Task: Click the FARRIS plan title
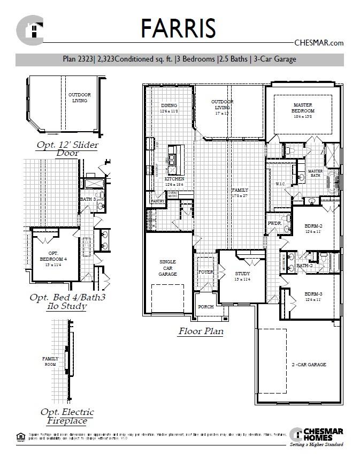tap(178, 28)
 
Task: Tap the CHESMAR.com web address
tap(319, 43)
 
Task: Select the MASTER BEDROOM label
tap(303, 108)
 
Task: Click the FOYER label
tap(206, 272)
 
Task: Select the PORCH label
tap(205, 307)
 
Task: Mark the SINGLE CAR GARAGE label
tap(168, 268)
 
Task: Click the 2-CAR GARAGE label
tap(309, 365)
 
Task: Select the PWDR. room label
tap(274, 223)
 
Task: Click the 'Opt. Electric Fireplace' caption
tap(67, 416)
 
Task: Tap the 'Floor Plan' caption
tap(201, 331)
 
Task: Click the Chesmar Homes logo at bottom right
tap(317, 435)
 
